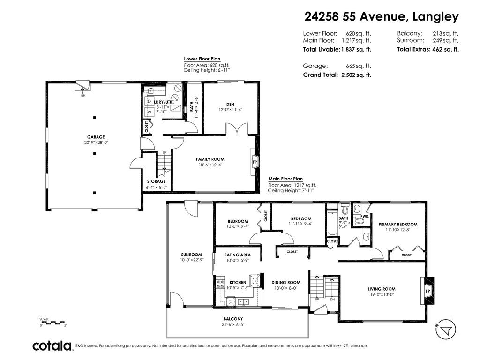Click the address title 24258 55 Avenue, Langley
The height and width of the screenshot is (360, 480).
point(382,16)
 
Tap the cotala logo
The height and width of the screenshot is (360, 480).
point(52,346)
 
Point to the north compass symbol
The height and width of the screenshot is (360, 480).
point(446,330)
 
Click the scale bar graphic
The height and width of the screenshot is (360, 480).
point(52,322)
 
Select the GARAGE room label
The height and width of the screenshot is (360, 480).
point(96,137)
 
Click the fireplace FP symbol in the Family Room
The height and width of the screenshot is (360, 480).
point(255,162)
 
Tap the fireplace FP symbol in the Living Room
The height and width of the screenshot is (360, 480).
point(427,291)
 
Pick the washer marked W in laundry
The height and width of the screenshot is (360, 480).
point(150,112)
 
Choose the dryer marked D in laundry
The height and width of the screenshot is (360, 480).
point(150,101)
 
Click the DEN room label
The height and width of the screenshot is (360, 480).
point(231,105)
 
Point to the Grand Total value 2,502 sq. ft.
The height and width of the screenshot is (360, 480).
point(356,75)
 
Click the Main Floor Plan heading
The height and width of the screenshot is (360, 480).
point(285,179)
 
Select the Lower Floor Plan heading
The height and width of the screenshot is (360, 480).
point(202,59)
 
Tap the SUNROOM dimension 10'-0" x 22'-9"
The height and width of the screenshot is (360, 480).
point(192,260)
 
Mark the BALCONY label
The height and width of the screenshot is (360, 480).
point(233,319)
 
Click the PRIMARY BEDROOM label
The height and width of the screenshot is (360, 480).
point(398,224)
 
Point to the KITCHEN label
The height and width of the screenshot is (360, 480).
point(238,282)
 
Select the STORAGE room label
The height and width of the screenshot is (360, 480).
point(156,181)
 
